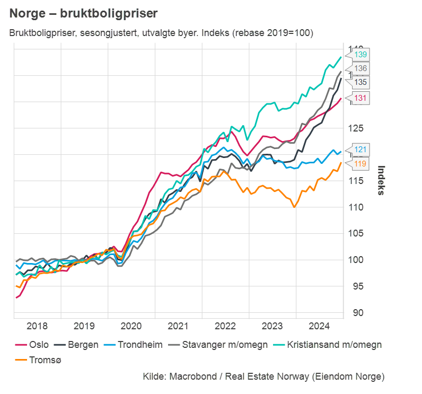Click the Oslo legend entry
pyautogui.click(x=31, y=345)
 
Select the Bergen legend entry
pyautogui.click(x=77, y=345)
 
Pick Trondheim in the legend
pyautogui.click(x=133, y=345)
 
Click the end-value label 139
pyautogui.click(x=361, y=55)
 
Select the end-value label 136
pyautogui.click(x=361, y=68)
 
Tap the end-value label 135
pyautogui.click(x=361, y=82)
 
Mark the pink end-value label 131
pyautogui.click(x=361, y=98)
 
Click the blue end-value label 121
pyautogui.click(x=361, y=150)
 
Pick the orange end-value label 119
pyautogui.click(x=361, y=164)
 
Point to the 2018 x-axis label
pyautogui.click(x=37, y=325)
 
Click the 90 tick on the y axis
pyautogui.click(x=358, y=313)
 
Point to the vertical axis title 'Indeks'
pyautogui.click(x=381, y=180)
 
